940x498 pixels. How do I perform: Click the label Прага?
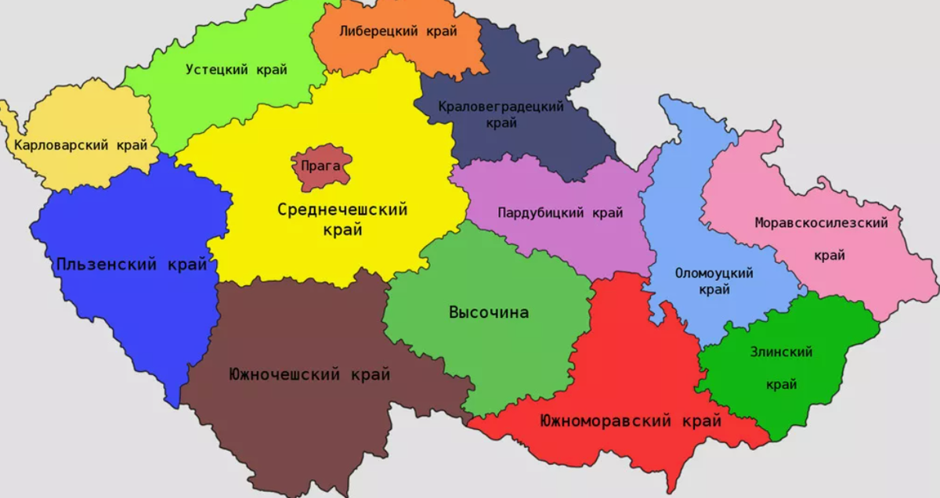321,165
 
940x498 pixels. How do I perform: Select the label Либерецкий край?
398,32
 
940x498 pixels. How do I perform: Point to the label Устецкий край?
237,70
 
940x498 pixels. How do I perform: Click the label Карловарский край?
81,145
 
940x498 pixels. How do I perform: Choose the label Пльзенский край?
132,265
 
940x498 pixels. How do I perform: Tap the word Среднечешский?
342,210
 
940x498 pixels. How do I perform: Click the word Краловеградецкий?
501,106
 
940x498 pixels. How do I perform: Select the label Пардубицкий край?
560,212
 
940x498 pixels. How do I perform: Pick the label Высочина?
489,312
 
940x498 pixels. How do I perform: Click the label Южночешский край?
309,374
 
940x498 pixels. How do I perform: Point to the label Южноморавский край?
631,421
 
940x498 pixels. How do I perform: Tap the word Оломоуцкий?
714,273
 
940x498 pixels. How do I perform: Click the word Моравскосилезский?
822,223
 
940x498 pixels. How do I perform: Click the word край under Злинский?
781,384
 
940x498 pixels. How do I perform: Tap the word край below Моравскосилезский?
830,255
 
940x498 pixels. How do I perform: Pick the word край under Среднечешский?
342,230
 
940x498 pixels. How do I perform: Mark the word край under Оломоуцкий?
714,290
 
